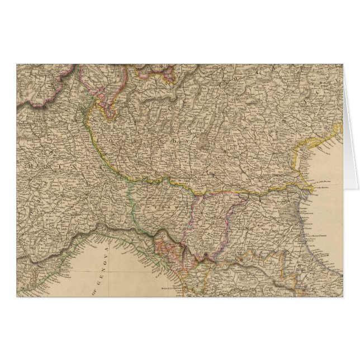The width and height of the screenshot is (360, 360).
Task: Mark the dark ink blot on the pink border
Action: tap(207, 257)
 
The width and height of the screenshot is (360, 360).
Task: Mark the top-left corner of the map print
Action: tap(17, 64)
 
